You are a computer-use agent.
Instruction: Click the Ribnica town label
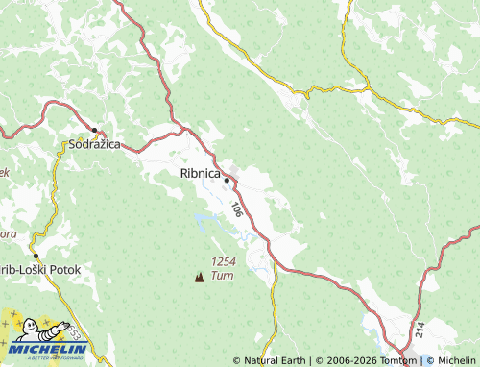tap(200, 174)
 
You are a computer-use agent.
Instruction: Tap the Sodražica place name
tap(94, 145)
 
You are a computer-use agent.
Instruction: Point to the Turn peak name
tap(222, 276)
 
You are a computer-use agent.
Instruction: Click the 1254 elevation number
tap(223, 262)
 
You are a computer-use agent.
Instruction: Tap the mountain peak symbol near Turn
tap(200, 277)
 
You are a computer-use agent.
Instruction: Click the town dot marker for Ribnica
tap(227, 180)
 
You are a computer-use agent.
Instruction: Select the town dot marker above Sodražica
tap(94, 130)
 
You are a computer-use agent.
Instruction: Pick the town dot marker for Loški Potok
tap(36, 256)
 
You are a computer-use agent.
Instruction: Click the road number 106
tap(236, 208)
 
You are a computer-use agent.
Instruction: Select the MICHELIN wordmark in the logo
tap(46, 350)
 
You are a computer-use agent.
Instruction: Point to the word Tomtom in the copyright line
tap(396, 361)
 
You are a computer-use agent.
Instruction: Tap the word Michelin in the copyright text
tap(456, 361)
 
